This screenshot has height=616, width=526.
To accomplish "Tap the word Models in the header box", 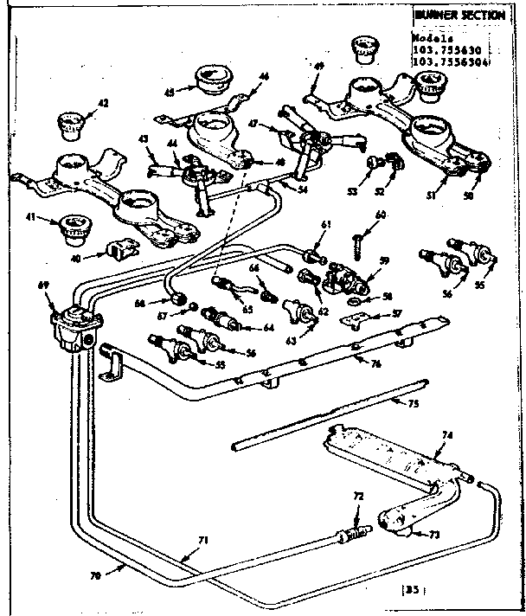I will [x=430, y=38].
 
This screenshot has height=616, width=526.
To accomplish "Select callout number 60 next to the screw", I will [x=380, y=215].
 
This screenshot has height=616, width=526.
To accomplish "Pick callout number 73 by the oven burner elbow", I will [x=435, y=535].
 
